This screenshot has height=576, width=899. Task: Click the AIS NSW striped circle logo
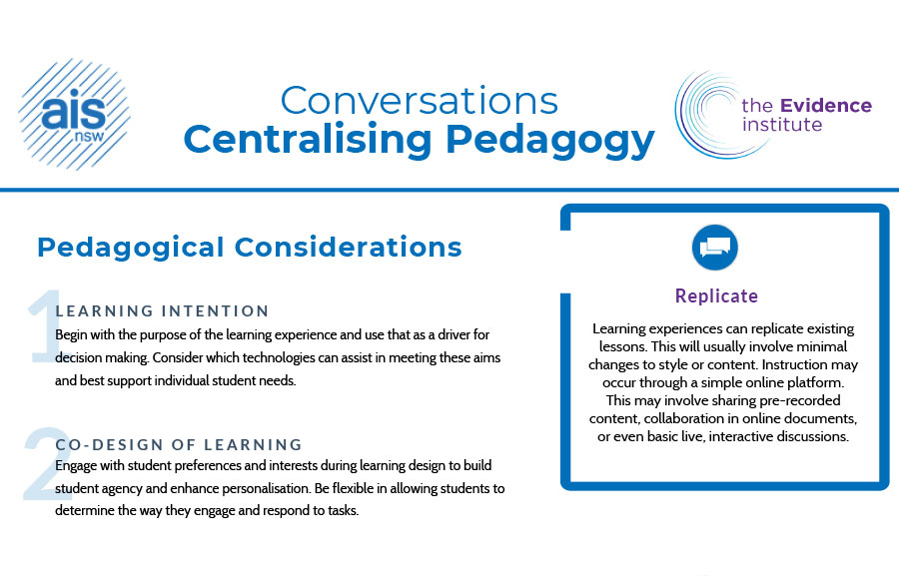(75, 114)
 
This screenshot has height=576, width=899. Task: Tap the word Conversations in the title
(420, 101)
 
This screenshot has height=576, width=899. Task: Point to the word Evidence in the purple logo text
(826, 106)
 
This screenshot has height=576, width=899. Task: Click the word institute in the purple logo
(782, 125)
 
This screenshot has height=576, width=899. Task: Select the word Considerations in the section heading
(348, 247)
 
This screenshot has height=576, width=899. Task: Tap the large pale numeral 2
(45, 463)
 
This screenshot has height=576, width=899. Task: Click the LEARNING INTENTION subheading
(162, 311)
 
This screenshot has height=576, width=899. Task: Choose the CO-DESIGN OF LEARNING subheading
(179, 445)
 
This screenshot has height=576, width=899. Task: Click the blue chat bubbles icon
(714, 247)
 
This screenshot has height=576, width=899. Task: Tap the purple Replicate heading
(716, 295)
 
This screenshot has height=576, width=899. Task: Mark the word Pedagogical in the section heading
(131, 249)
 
